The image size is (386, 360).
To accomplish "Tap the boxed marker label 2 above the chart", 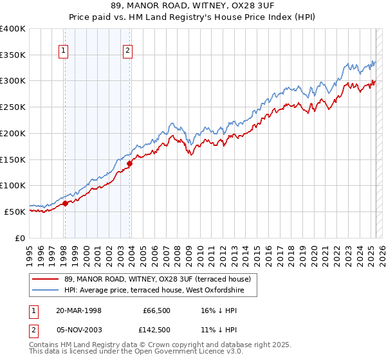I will [x=128, y=51].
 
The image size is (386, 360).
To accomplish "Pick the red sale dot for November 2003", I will [x=129, y=163].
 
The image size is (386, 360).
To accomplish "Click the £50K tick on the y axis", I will [x=15, y=211].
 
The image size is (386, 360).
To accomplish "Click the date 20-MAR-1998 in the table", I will [x=78, y=310].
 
